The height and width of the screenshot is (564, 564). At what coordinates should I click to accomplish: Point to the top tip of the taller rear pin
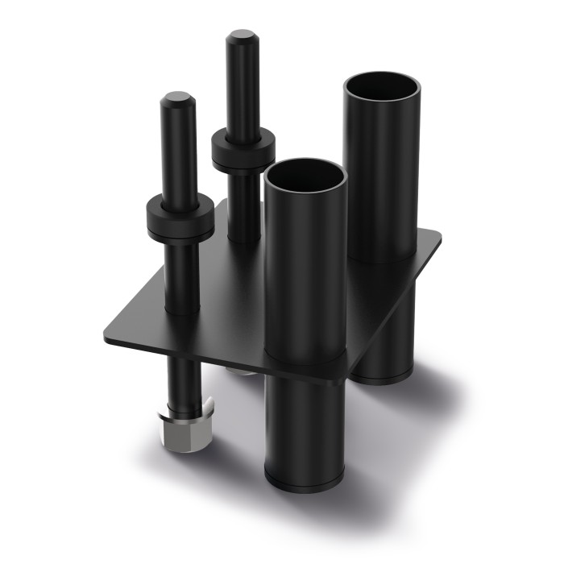tap(242, 37)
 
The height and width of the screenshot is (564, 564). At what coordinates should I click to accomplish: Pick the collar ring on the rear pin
tap(243, 151)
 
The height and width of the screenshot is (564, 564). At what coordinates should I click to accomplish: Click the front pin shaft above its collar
tap(178, 153)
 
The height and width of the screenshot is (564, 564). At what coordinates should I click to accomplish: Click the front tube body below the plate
tap(304, 427)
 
